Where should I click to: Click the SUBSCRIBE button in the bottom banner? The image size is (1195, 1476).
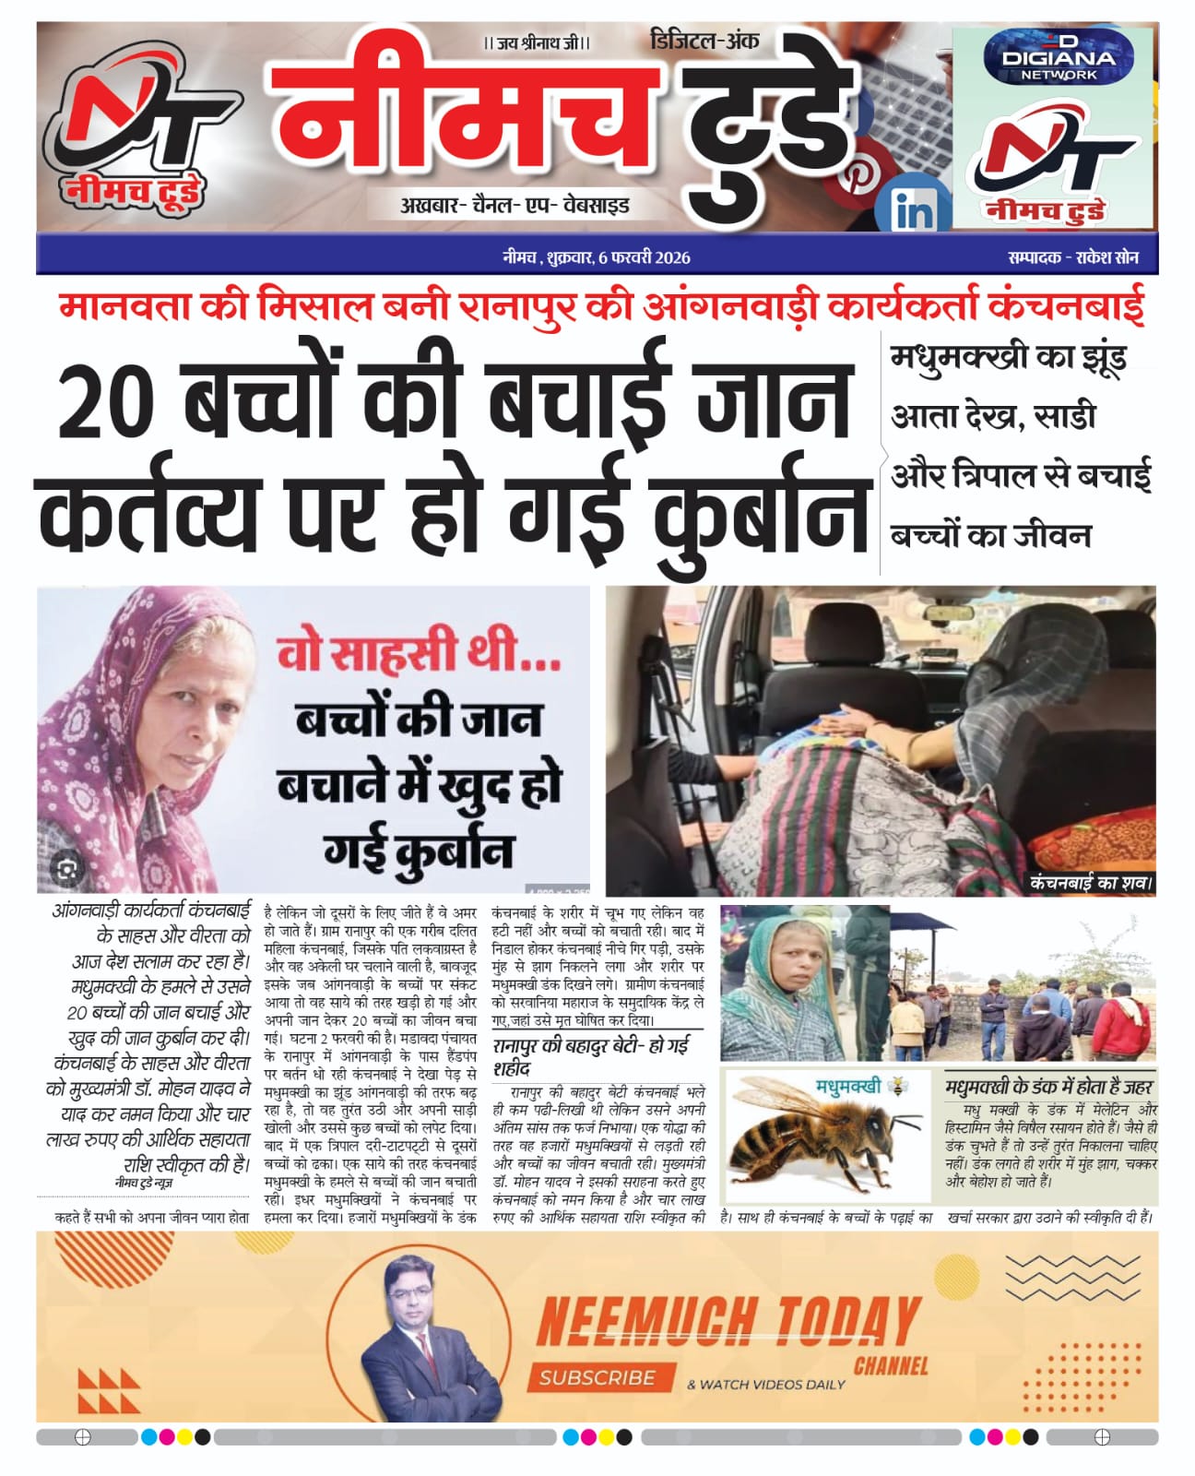point(597,1377)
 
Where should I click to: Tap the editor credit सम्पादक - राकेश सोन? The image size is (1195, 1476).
point(1073,257)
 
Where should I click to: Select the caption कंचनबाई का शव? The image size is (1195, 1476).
point(1091,883)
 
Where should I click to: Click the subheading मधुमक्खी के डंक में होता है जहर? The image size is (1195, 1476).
point(1049,1086)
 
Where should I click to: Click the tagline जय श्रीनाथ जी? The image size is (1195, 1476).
point(536,43)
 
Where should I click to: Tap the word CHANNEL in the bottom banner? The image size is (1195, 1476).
point(891,1365)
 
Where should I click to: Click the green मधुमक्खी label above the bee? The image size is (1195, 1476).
point(847,1086)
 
